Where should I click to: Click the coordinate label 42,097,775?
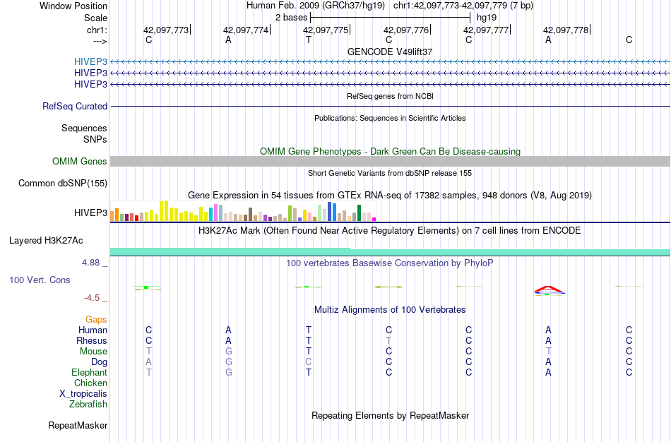(x=326, y=30)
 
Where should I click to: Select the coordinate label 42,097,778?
(x=566, y=30)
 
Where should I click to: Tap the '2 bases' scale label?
(x=290, y=17)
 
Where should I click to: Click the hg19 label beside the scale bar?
(x=486, y=17)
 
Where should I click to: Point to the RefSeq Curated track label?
(x=75, y=106)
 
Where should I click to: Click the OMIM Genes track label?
(x=80, y=162)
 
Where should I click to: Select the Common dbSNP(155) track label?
(x=63, y=184)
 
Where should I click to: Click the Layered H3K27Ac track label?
(x=46, y=240)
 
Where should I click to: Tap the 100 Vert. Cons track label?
(x=40, y=280)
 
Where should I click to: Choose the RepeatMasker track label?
(x=78, y=426)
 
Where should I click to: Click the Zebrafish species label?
(x=88, y=405)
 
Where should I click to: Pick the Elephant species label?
(x=89, y=372)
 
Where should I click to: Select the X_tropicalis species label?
(x=83, y=394)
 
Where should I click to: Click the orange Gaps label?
(x=96, y=319)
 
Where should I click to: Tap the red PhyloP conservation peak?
(x=548, y=288)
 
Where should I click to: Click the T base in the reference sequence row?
(x=309, y=40)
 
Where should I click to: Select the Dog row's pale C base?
(x=309, y=362)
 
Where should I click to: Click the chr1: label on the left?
(x=96, y=30)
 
